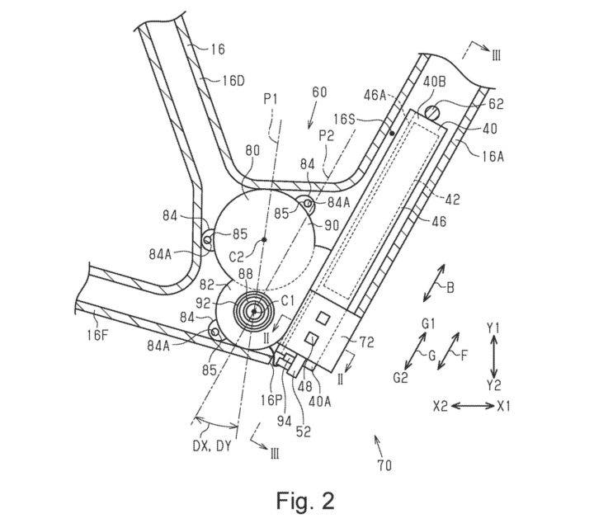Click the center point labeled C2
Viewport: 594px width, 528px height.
(x=263, y=239)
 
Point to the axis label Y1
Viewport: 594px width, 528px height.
(x=493, y=328)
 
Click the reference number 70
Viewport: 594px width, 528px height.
(x=384, y=465)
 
